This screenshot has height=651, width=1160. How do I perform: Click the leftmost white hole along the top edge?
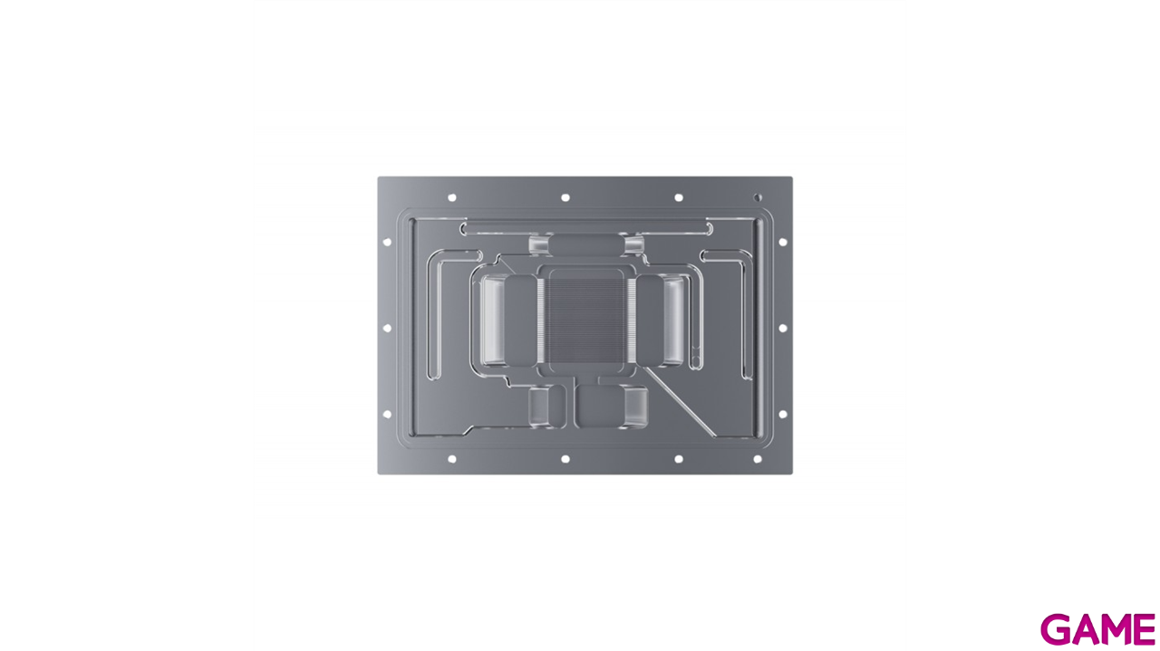[x=451, y=196]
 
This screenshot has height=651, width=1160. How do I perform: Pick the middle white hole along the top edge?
[x=565, y=196]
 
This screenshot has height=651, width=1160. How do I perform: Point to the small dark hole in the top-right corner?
[x=758, y=196]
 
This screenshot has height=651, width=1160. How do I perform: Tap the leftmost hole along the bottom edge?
[x=451, y=459]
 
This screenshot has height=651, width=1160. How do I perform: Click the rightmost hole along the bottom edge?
[x=758, y=459]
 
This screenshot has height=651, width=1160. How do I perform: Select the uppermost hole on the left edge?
[x=387, y=242]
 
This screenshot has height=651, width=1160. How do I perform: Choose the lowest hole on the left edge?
[x=387, y=414]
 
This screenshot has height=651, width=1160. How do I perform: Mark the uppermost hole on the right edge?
[x=782, y=242]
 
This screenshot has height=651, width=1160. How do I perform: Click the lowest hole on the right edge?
[x=782, y=414]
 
